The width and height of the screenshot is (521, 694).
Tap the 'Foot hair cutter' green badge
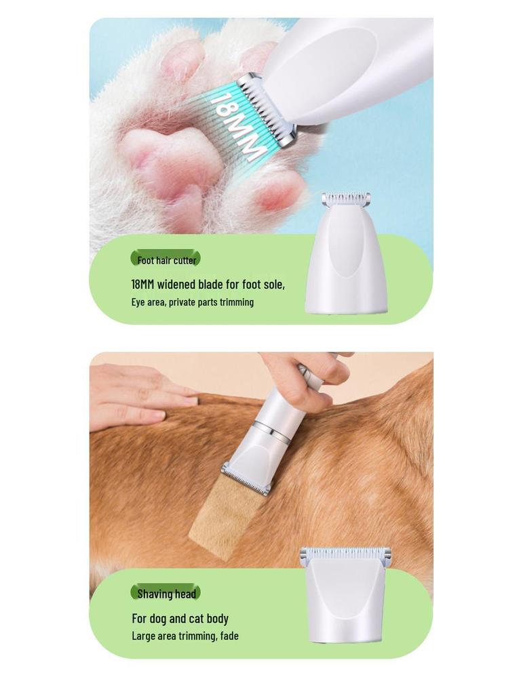[x=166, y=260]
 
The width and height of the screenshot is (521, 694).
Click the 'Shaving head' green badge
[x=166, y=594]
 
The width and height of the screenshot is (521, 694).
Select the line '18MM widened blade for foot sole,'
[x=208, y=284]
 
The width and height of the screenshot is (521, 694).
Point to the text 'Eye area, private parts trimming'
[x=193, y=302]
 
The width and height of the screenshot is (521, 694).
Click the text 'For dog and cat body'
[x=180, y=618]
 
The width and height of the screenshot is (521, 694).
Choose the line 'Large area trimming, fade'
[x=185, y=636]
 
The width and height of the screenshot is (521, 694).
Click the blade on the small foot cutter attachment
[x=346, y=199]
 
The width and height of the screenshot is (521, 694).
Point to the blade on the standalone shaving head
[x=345, y=555]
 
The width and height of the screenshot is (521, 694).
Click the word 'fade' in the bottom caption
[x=229, y=636]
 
